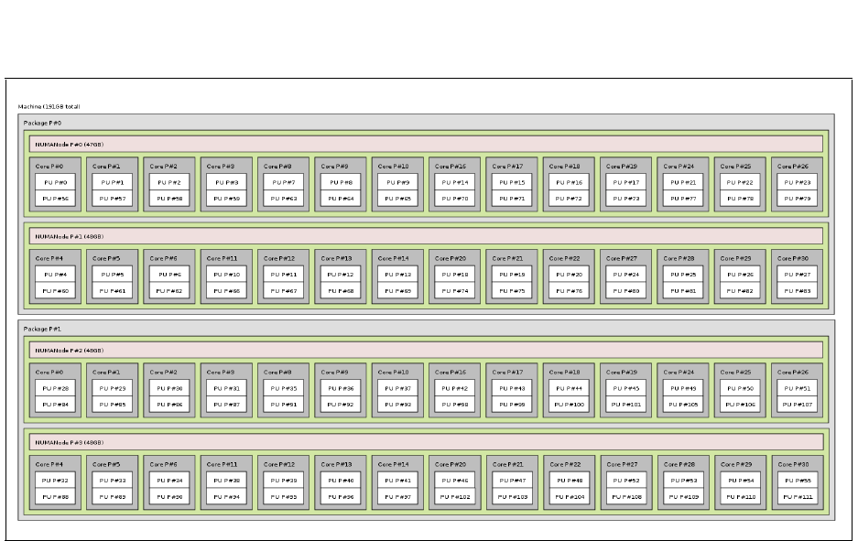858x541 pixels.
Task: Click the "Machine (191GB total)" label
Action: pos(49,107)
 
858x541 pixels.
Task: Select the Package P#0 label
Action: pos(43,123)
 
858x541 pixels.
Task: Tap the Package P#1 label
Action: pos(43,329)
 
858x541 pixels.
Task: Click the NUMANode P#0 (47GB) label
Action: pos(70,144)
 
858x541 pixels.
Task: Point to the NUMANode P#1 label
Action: pos(70,235)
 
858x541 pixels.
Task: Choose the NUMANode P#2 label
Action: pos(70,350)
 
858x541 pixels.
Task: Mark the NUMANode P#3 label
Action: pos(70,441)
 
